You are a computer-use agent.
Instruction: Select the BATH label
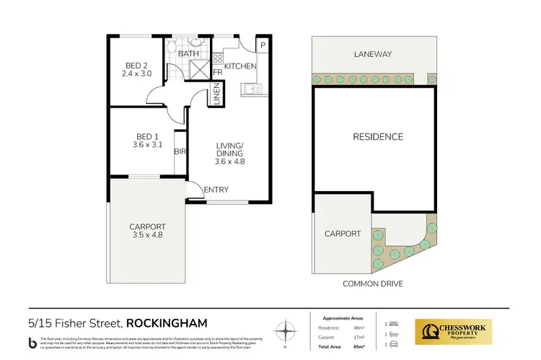(x=188, y=54)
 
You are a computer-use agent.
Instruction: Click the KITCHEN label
(x=240, y=66)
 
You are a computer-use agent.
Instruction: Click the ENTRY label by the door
(x=216, y=190)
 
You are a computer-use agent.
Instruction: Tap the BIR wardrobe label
(x=180, y=153)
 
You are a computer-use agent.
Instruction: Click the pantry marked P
(x=263, y=45)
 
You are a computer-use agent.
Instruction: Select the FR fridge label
(x=217, y=72)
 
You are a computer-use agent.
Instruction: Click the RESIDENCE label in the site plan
(x=377, y=136)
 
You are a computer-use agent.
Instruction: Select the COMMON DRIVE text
(x=374, y=284)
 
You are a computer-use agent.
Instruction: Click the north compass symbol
(x=287, y=332)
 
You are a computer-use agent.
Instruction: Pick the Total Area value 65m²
(x=359, y=348)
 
